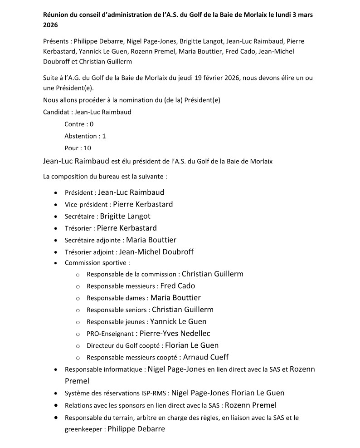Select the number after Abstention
(x=104, y=136)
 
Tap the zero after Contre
(x=92, y=124)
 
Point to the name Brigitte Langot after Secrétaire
(x=125, y=216)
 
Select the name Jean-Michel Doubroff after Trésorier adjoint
(x=156, y=251)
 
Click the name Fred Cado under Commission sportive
(x=178, y=286)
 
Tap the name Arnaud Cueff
(x=206, y=357)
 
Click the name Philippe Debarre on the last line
(x=136, y=428)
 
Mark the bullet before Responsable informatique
(x=55, y=369)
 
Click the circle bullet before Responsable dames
(x=78, y=298)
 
